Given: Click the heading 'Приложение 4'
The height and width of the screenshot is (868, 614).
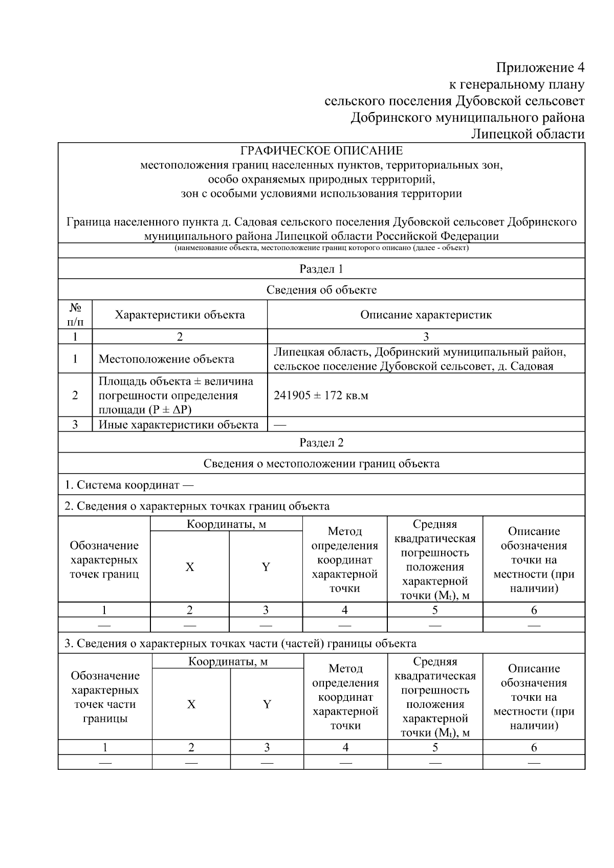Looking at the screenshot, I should click(x=540, y=68).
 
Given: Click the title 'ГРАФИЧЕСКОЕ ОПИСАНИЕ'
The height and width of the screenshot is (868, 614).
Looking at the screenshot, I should click(x=321, y=151).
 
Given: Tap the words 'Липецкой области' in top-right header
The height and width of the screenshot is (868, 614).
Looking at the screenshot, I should click(x=528, y=134).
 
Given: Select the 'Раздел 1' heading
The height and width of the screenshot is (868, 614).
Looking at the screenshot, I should click(x=321, y=269).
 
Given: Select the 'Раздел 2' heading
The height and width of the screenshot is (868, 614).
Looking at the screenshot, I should click(x=321, y=443).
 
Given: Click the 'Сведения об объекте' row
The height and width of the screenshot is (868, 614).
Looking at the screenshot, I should click(x=321, y=290).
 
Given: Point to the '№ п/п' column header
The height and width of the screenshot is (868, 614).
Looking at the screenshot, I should click(x=75, y=315).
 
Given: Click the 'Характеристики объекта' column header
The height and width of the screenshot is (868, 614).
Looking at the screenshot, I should click(x=180, y=315).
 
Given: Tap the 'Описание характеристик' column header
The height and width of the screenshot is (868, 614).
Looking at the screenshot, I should click(x=426, y=315).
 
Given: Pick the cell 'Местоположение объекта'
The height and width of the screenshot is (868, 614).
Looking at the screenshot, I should click(x=166, y=359).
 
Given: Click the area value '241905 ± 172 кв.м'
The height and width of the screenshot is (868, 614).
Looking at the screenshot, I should click(x=321, y=395).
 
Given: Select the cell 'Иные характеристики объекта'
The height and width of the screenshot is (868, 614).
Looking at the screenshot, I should click(x=178, y=425).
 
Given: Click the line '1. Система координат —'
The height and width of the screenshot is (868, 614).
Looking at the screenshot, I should click(x=129, y=485).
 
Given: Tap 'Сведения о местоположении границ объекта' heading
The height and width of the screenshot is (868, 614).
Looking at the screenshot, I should click(x=321, y=464).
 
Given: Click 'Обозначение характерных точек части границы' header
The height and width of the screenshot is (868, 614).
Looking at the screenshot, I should click(x=105, y=697).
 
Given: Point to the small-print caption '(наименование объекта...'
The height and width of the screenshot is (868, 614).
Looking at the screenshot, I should click(x=321, y=248).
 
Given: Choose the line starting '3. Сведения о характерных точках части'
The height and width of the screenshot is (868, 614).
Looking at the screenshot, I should click(x=240, y=643).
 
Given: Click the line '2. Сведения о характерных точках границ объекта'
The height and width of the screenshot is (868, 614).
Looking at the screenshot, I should click(x=197, y=506).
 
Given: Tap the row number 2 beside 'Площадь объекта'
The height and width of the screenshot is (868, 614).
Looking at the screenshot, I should click(x=75, y=395).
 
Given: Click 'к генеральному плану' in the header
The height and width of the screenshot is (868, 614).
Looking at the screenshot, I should click(x=516, y=84).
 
